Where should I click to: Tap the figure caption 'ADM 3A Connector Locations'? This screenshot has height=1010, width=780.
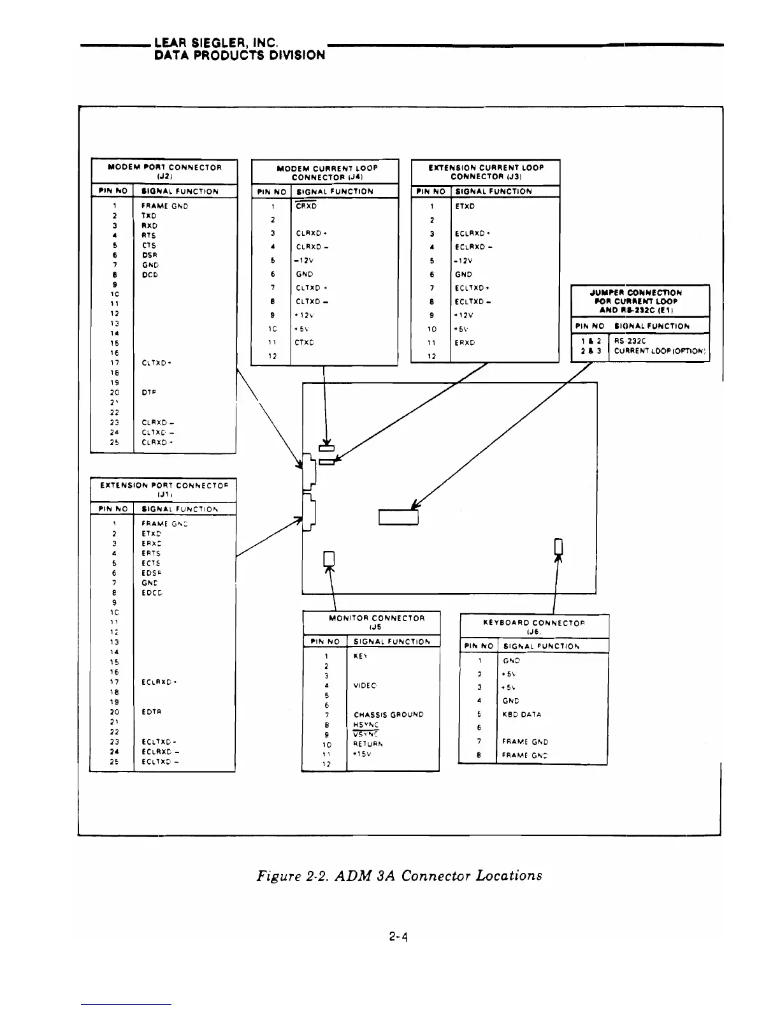click(x=399, y=875)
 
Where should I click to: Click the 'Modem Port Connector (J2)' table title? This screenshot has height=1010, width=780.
click(x=164, y=172)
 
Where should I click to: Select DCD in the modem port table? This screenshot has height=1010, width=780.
click(x=150, y=275)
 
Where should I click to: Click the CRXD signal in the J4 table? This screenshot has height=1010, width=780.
click(x=306, y=206)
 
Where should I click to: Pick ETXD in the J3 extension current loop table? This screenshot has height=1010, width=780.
click(x=465, y=206)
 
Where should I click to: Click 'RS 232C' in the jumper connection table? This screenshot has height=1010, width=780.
click(x=628, y=340)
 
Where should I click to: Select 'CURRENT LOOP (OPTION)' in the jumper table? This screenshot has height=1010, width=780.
click(x=660, y=351)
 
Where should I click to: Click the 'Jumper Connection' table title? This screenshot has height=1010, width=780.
click(x=640, y=301)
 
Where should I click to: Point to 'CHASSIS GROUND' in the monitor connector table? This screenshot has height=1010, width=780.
click(x=388, y=715)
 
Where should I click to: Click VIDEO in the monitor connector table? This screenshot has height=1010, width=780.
click(x=365, y=685)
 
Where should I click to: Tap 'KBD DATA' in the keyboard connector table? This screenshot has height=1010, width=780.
click(x=522, y=714)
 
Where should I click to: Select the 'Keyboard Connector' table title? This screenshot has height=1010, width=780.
click(x=534, y=627)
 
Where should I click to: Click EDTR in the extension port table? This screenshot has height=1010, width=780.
click(x=150, y=712)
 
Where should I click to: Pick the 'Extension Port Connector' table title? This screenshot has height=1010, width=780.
click(x=163, y=490)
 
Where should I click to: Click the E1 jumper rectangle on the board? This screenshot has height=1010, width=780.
click(x=398, y=516)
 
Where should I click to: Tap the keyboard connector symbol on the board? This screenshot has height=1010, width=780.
click(x=559, y=546)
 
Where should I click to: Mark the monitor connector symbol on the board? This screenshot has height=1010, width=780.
click(x=329, y=558)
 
